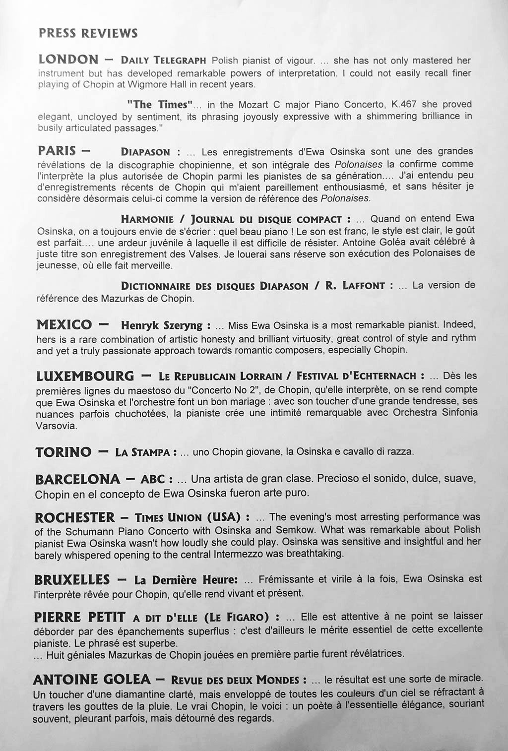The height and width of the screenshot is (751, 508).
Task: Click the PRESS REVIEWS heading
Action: click(x=88, y=33)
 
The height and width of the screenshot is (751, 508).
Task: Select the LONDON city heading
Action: click(x=68, y=60)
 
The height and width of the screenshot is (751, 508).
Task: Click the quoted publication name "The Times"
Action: click(x=160, y=105)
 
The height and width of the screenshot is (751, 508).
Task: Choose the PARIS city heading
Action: click(x=57, y=150)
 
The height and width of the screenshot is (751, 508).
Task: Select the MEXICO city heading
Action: click(x=64, y=325)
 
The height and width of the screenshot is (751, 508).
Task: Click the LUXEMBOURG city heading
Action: click(x=85, y=375)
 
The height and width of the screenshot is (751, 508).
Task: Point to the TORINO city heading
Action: click(x=63, y=452)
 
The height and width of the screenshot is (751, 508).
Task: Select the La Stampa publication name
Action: click(x=145, y=452)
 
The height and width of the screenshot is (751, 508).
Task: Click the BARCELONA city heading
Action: click(x=77, y=479)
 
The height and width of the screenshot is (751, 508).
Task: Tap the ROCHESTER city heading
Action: click(x=74, y=517)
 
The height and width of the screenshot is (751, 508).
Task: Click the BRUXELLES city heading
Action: click(x=72, y=579)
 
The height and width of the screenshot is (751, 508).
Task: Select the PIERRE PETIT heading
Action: click(x=79, y=617)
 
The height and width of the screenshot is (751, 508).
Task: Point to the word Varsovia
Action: click(x=55, y=426)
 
